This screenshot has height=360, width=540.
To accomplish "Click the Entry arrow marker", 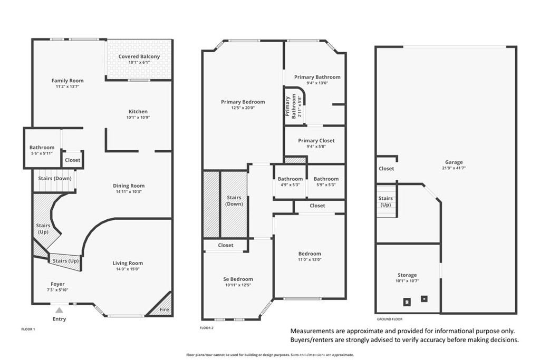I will [60, 310].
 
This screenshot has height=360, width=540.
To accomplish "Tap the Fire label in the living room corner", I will [164, 309].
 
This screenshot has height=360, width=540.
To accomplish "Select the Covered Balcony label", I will [139, 56].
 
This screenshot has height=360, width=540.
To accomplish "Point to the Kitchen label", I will [138, 111].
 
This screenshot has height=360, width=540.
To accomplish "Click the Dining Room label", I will [129, 186].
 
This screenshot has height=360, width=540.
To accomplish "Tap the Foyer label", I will [57, 284].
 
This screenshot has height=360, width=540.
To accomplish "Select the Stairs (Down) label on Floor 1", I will [55, 178].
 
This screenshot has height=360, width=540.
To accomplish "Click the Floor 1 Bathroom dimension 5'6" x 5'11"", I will [42, 153].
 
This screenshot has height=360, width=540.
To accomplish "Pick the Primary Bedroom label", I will [243, 102].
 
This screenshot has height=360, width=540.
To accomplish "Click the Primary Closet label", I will [316, 141].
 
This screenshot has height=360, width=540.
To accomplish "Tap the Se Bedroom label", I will [238, 279].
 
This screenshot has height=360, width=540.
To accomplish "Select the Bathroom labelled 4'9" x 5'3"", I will [291, 179].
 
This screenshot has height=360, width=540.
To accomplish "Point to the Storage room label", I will [407, 275].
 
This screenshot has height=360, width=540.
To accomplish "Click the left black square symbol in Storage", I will [407, 302].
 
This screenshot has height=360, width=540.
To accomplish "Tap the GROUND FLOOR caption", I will [390, 319].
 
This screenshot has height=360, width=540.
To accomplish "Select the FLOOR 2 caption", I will [206, 328].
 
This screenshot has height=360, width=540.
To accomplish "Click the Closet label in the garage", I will [387, 169].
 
